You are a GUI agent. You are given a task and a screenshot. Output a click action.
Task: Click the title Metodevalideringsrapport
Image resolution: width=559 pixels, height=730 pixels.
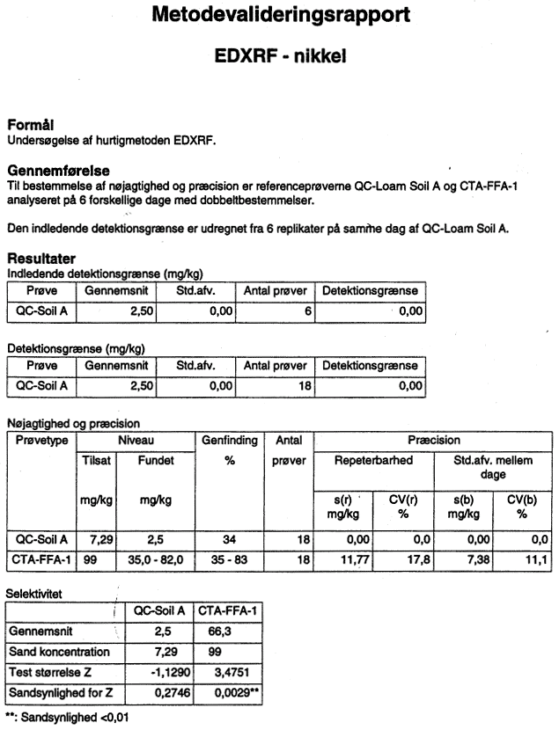281,15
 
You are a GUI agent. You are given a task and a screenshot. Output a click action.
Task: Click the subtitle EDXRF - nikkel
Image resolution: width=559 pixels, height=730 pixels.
281,56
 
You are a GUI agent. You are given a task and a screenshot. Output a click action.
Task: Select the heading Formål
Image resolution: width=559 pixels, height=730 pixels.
31,125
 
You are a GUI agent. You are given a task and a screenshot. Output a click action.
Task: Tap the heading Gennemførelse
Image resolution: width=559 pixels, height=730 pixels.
59,171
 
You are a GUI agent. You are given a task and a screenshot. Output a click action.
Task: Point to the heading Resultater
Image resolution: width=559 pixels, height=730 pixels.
41,259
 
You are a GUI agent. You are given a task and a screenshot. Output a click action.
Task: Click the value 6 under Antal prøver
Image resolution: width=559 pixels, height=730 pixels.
308,311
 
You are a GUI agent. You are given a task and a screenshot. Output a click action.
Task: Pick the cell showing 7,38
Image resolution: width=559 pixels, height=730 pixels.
478,559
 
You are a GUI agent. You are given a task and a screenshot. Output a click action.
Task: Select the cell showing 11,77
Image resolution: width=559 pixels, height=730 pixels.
355,559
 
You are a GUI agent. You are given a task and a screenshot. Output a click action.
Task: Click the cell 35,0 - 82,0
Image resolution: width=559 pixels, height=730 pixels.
156,559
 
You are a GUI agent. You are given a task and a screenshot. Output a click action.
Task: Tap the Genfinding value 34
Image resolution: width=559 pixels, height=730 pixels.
229,540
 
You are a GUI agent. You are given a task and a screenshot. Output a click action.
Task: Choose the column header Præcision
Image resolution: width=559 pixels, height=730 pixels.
434,440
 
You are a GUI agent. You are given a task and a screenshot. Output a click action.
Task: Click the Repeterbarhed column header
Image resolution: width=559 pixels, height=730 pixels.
373,461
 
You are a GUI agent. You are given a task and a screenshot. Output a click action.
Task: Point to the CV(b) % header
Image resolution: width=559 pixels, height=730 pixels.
522,507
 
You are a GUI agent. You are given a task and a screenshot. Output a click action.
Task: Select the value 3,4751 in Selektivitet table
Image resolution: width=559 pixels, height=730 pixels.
229,672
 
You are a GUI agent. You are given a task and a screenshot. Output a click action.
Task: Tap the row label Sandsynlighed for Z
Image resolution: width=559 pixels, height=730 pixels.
61,693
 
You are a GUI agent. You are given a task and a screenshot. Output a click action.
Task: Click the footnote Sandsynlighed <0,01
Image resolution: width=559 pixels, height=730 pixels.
75,718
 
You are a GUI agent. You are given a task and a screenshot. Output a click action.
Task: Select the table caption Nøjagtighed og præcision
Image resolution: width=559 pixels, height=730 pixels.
74,424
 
